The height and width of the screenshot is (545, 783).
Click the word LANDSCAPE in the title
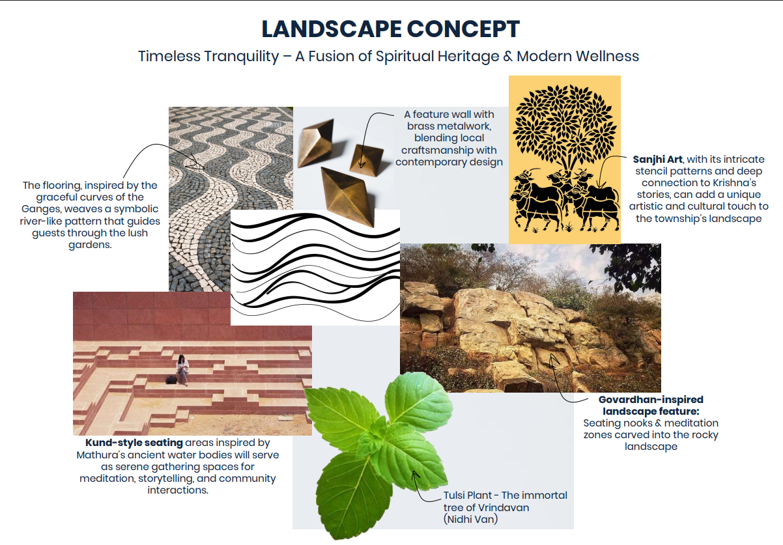tap(332, 29)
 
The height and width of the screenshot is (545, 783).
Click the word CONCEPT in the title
tap(464, 29)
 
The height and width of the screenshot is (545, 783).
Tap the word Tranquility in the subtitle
tap(242, 57)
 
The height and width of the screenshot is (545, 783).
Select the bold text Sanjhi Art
tap(657, 160)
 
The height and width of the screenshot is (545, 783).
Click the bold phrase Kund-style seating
tap(134, 443)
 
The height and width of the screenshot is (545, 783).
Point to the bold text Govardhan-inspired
tap(651, 400)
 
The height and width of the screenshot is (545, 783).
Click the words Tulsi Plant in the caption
tap(468, 496)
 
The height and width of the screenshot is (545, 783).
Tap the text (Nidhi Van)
tap(470, 519)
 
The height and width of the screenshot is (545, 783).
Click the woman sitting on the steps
tap(182, 370)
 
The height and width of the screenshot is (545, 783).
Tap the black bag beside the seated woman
tap(171, 380)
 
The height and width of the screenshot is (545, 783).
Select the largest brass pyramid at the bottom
tap(347, 197)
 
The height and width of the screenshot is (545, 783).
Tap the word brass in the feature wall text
tap(417, 126)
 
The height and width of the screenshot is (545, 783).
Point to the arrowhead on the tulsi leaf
tap(416, 475)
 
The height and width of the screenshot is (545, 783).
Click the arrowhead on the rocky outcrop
tap(553, 358)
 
